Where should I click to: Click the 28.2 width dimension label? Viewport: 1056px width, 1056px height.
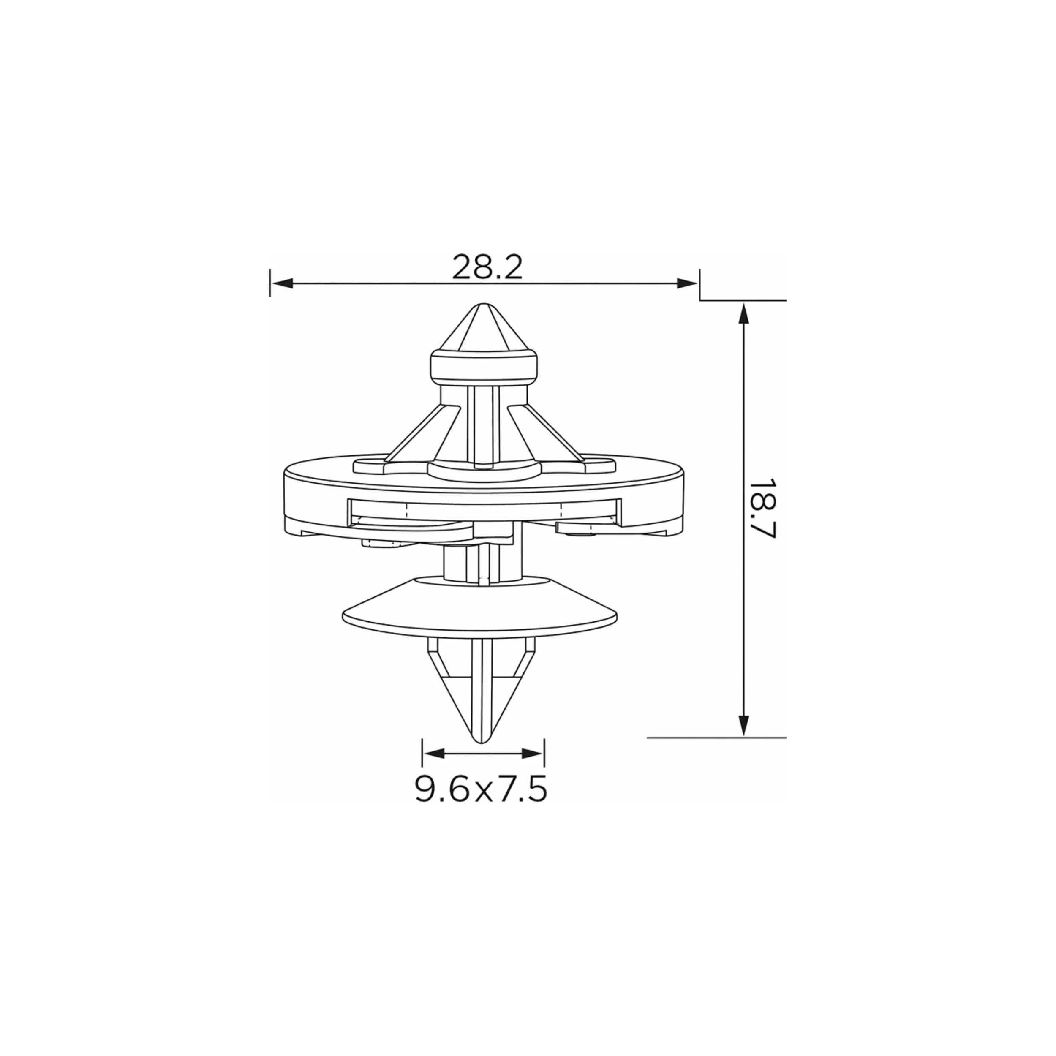coord(487,267)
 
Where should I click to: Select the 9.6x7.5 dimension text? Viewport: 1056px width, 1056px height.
coord(481,789)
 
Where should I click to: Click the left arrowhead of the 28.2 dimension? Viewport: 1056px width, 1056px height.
coord(283,283)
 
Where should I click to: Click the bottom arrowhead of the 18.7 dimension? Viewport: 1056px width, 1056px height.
coord(743,725)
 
